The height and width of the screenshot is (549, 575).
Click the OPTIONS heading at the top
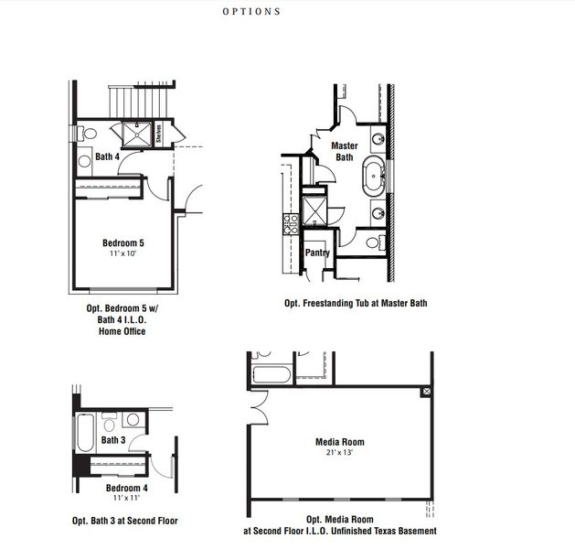[x=251, y=13]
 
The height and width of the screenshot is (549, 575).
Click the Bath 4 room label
[x=107, y=156]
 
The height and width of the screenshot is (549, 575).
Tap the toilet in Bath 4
[x=85, y=134]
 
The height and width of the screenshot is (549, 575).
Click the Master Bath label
[x=344, y=151]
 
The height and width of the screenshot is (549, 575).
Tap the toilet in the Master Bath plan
[x=376, y=242]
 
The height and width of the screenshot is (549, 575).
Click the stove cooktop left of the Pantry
[x=291, y=220]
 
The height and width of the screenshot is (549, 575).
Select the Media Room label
[x=340, y=442]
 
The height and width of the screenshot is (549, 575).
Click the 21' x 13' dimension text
[x=340, y=453]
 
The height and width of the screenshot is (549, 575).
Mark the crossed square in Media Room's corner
[x=425, y=392]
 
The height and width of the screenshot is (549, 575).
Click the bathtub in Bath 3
[x=84, y=427]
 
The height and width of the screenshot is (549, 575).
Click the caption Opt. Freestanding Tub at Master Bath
[x=356, y=303]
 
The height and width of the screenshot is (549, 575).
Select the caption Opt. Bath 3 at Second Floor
[x=125, y=520]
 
